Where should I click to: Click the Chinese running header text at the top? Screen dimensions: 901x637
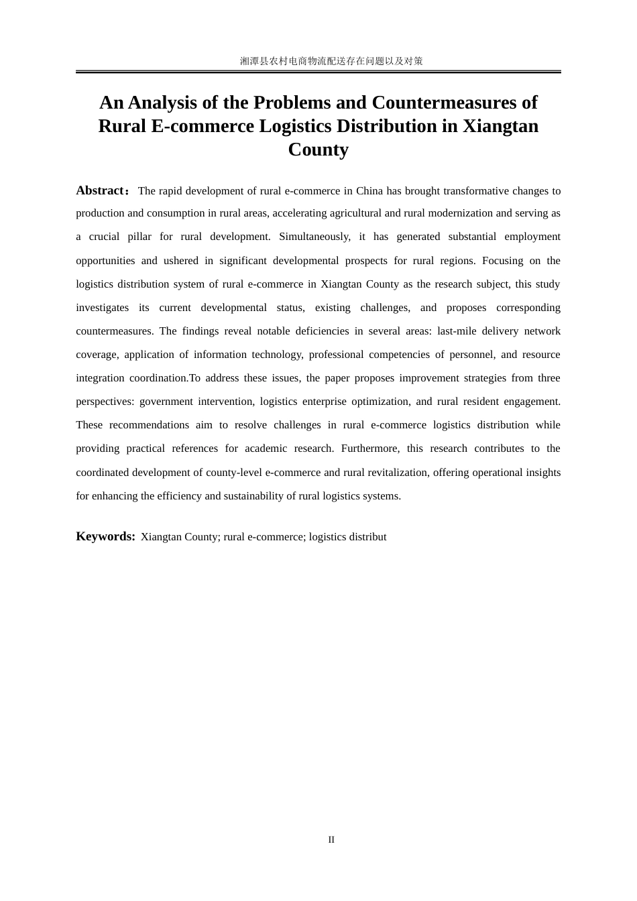331,61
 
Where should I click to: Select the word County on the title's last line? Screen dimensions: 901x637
318,149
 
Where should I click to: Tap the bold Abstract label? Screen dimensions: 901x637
100,190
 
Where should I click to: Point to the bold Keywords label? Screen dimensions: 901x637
105,536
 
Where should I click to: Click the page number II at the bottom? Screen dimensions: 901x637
331,840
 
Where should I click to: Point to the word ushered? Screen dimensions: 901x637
181,261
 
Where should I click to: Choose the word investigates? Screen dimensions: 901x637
102,308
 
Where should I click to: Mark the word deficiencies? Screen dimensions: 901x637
322,331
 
